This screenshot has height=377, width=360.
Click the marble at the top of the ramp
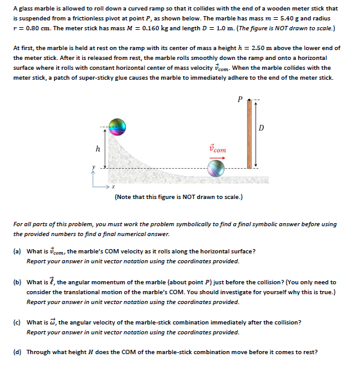tap(117, 127)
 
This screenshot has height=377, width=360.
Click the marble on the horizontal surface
tap(216, 169)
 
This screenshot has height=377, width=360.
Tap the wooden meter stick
tap(249, 134)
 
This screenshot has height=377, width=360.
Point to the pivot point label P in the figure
tap(240, 99)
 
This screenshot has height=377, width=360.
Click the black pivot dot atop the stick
tap(249, 100)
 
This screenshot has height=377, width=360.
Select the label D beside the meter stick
tap(261, 128)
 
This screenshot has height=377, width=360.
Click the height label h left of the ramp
tap(98, 149)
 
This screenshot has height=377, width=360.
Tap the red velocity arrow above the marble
tap(217, 158)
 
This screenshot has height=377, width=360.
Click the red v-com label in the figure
tap(217, 149)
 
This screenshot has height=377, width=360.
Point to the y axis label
tap(94, 167)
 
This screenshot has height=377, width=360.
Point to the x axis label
tap(114, 187)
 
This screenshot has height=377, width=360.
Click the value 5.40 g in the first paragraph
tap(289, 19)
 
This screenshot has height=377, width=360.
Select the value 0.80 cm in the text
tap(37, 28)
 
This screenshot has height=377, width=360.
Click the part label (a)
tap(17, 252)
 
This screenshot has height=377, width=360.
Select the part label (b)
tap(17, 282)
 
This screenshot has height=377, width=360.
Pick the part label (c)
tap(17, 323)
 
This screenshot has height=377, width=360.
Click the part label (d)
tap(17, 352)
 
